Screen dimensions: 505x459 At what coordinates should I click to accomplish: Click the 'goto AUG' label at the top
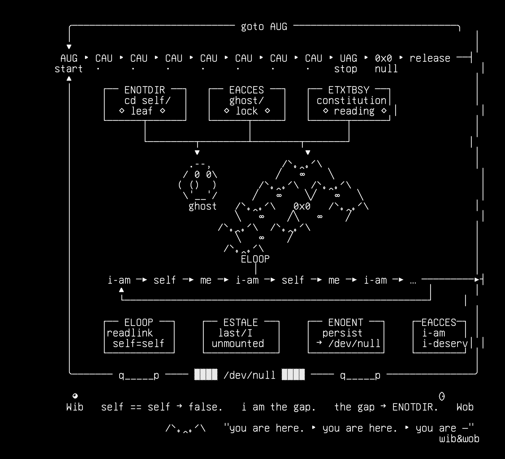coord(264,27)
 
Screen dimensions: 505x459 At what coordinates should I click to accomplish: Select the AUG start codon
coord(69,58)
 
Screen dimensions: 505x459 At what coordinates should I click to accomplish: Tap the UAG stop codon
coord(348,58)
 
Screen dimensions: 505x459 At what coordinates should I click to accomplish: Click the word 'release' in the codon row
coord(430,58)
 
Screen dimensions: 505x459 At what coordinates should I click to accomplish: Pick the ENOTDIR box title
coord(145,90)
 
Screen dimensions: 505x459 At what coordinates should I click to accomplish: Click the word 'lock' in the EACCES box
coord(247,111)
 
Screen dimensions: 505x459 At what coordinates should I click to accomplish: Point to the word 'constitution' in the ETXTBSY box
coord(351,100)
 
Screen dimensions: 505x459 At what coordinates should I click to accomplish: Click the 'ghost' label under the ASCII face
coord(203,206)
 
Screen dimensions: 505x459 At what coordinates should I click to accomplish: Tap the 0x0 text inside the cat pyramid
coord(302,206)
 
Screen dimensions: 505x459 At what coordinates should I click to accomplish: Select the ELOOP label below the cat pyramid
coord(255,259)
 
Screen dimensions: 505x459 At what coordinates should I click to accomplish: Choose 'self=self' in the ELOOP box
coord(138,343)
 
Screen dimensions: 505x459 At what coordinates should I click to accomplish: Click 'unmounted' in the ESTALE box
coord(238,343)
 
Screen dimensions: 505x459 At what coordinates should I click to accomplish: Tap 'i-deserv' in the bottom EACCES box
coord(445,343)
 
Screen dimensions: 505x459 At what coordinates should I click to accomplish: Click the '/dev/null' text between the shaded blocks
coord(250,375)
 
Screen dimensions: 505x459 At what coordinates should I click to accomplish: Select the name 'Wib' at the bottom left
coord(75,407)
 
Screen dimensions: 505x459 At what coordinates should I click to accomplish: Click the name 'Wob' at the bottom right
coord(465,407)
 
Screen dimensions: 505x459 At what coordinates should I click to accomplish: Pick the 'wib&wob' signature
coord(459,439)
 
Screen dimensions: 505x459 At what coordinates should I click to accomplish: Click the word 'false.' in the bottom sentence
coord(206,407)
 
